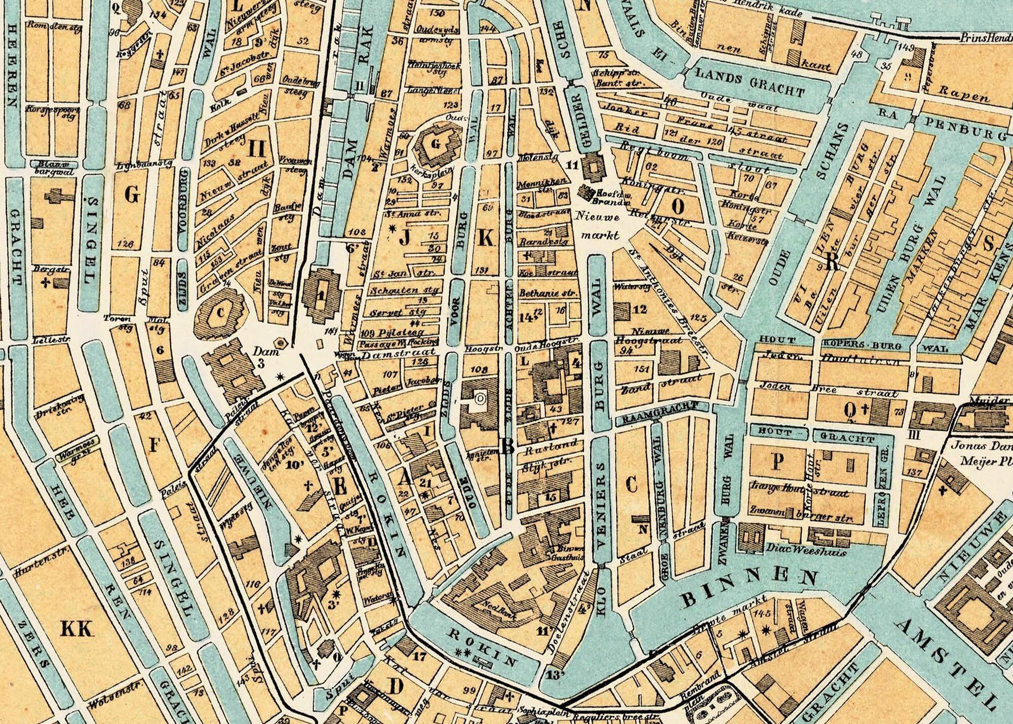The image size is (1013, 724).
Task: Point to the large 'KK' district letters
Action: [77, 629]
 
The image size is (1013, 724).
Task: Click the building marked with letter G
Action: [436, 144]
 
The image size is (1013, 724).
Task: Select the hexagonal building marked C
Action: [220, 313]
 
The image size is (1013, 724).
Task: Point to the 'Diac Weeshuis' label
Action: [805, 549]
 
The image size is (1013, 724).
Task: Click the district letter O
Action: [679, 206]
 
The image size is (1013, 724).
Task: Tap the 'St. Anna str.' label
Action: [412, 214]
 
